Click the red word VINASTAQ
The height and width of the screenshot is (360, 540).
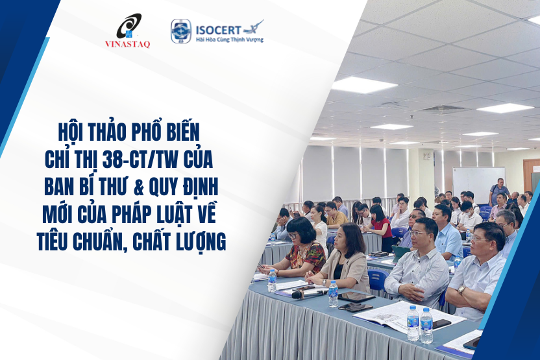(x=127, y=44)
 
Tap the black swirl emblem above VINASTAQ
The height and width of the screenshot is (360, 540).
(x=128, y=27)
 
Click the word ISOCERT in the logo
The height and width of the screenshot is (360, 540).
(x=217, y=29)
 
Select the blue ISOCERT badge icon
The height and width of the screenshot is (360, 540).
(x=180, y=30)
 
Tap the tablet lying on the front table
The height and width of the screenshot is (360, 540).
(x=356, y=297)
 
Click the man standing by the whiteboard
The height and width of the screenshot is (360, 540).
(x=497, y=191)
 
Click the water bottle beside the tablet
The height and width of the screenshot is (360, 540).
(x=333, y=293)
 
